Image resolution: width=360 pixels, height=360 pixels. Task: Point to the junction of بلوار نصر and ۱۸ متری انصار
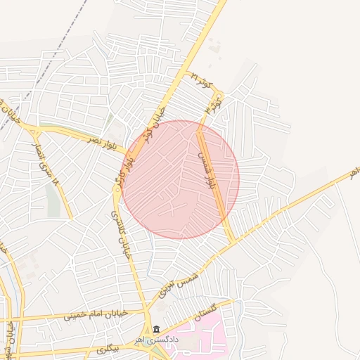[36, 130]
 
